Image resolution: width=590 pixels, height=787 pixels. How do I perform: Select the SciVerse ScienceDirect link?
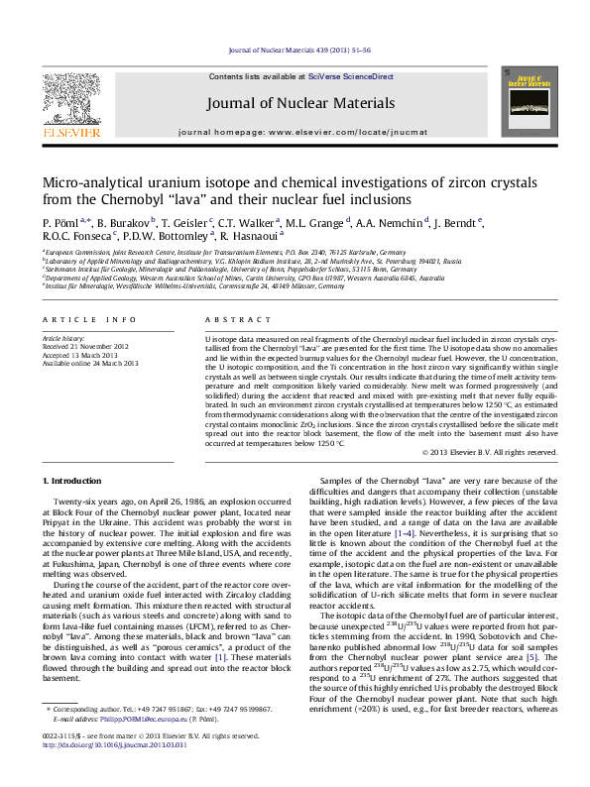[x=351, y=76]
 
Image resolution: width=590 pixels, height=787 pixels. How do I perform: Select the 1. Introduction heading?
[x=72, y=481]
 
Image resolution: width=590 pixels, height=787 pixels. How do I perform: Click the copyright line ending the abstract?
[x=490, y=453]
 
